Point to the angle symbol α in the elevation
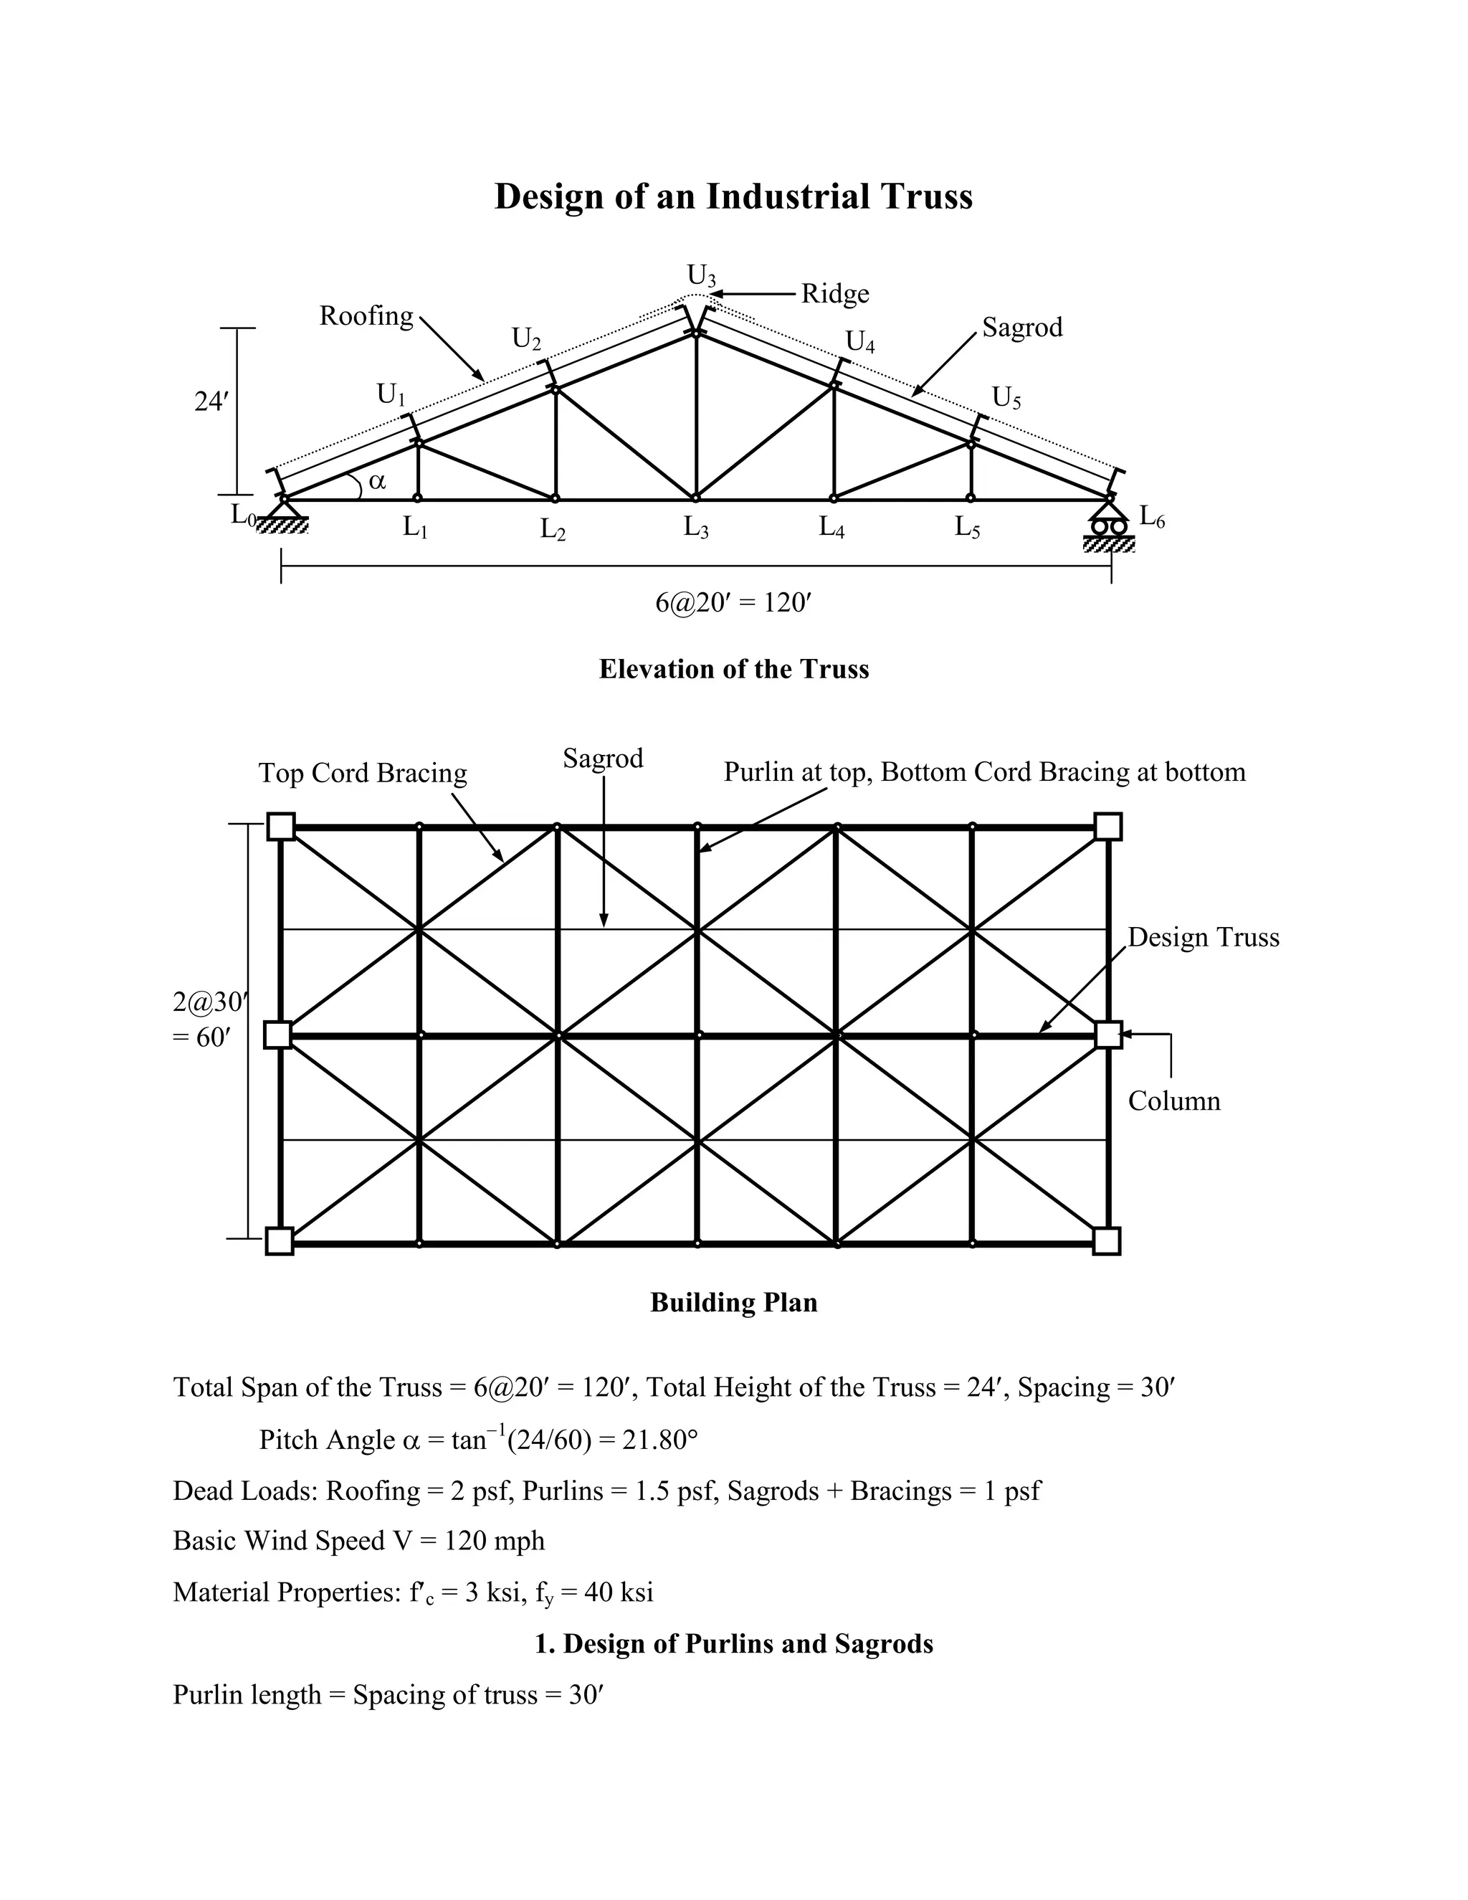pos(376,480)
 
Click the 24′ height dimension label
pos(211,402)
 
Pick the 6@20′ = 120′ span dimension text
pos(733,603)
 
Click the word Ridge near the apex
pos(834,294)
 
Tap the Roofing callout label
pos(366,315)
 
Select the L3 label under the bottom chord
pos(696,527)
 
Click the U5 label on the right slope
pos(1006,399)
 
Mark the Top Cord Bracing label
pos(363,772)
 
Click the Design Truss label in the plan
pos(1204,937)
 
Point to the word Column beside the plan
pos(1174,1101)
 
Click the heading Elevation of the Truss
pos(733,669)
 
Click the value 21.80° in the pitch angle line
pos(660,1440)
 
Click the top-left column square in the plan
pos(280,825)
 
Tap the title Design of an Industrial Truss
pos(733,196)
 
